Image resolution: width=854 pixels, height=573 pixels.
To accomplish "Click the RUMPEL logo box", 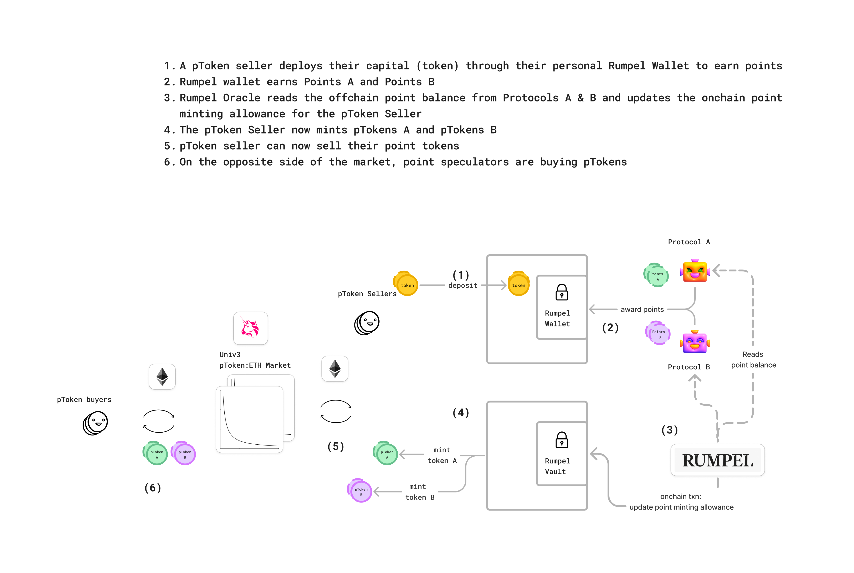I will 717,460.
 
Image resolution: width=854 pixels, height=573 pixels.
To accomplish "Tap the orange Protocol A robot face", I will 695,271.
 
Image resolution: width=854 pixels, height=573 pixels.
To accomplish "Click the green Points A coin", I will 657,275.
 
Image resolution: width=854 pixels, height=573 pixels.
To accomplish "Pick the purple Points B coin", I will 658,333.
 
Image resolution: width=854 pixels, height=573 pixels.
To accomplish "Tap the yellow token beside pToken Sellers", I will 406,284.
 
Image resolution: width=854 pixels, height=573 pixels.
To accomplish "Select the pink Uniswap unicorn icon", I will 250,328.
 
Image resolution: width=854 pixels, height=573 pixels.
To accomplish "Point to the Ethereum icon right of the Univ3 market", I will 335,369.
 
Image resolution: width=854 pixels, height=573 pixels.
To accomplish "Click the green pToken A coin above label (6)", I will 156,454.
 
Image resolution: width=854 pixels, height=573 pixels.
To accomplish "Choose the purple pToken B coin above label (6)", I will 184,454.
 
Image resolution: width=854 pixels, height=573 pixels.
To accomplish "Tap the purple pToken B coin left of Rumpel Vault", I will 360,491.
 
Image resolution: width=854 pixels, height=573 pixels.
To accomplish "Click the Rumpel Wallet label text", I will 557,318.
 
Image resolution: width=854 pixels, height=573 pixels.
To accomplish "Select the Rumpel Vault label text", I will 557,466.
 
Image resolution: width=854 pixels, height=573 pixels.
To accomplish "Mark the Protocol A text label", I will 689,242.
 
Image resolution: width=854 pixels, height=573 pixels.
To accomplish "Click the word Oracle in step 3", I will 241,98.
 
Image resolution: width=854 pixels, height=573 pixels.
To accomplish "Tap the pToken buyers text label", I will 84,399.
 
